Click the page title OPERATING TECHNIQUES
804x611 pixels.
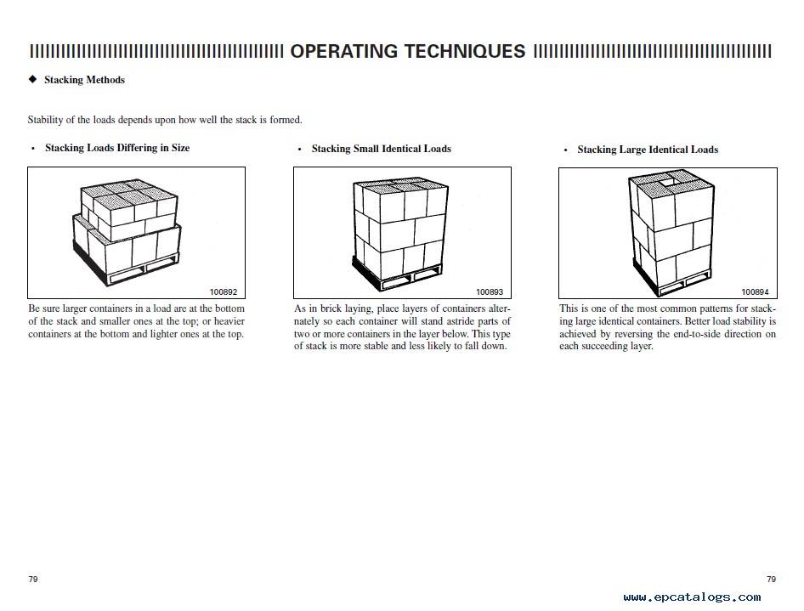[x=408, y=51]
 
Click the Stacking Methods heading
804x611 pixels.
[x=85, y=80]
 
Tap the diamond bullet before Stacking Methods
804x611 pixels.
[x=33, y=79]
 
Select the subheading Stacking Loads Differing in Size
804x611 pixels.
[x=117, y=148]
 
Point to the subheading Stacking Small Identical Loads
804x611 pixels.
[x=382, y=149]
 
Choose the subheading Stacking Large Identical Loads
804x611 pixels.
[x=648, y=150]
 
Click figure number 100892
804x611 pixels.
[x=224, y=292]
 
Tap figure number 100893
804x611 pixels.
[x=490, y=292]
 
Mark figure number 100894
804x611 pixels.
[x=756, y=292]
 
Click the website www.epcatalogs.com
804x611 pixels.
[x=692, y=597]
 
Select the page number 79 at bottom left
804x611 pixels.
[x=33, y=580]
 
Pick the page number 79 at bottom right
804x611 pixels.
[x=771, y=580]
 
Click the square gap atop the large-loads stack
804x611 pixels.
[x=669, y=181]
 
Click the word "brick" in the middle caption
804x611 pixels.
[x=331, y=309]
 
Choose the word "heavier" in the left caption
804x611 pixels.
[x=229, y=321]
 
